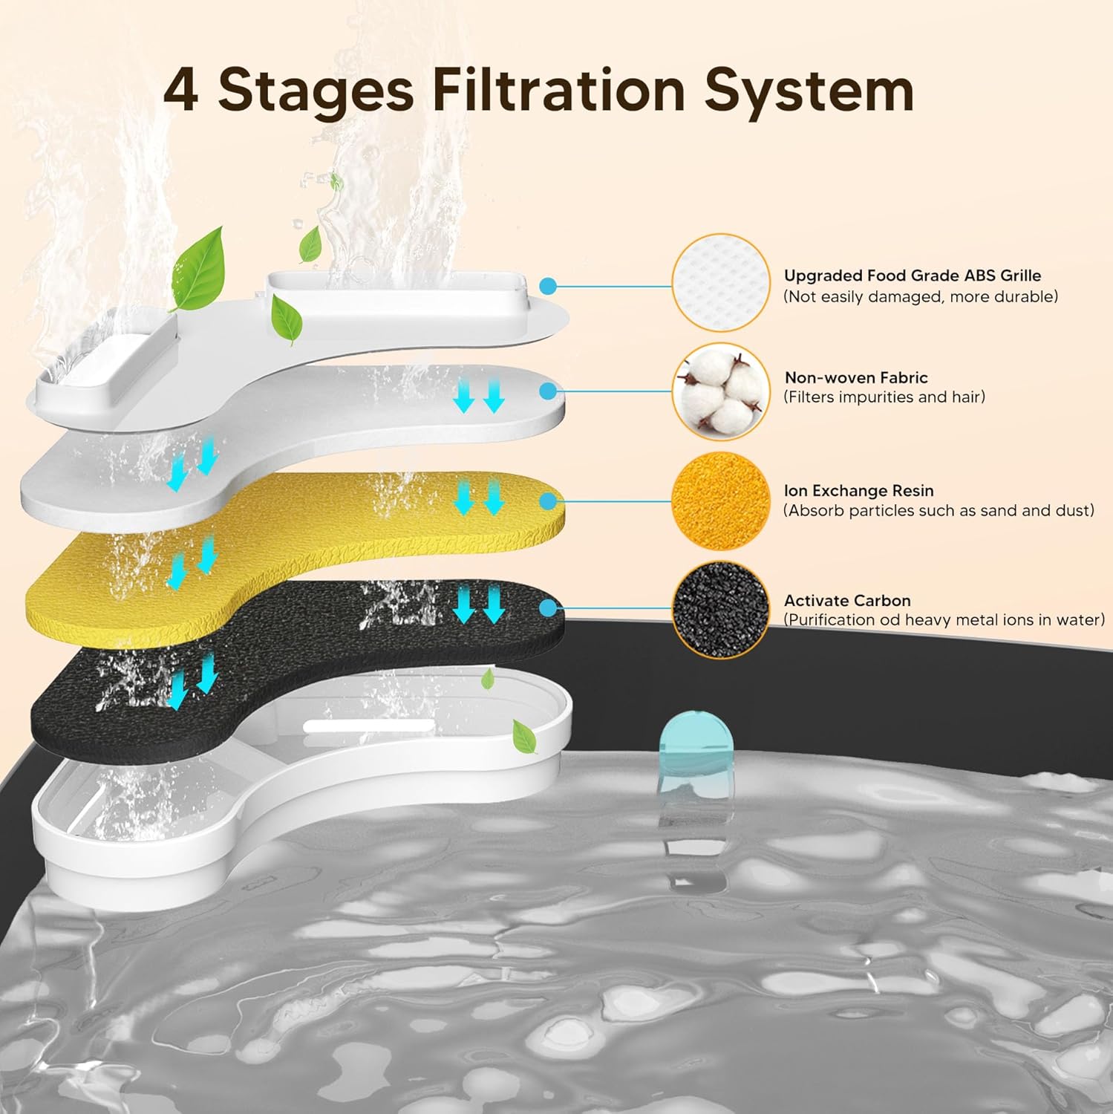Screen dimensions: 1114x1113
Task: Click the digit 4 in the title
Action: point(180,91)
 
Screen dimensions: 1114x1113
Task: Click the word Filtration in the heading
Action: point(558,91)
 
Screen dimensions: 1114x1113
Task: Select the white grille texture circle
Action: point(720,282)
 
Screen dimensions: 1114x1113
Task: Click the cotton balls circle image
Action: point(720,391)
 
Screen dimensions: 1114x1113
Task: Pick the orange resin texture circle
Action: point(720,501)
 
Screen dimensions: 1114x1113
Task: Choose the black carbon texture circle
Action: point(720,610)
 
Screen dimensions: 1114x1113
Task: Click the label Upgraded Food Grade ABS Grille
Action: point(912,276)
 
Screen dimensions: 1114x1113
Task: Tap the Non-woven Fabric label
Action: point(855,377)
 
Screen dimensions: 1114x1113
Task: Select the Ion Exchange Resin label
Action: point(858,491)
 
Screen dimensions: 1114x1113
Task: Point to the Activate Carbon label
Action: point(846,600)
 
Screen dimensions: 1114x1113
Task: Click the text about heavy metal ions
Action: point(944,620)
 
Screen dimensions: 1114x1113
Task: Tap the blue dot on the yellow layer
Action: point(548,501)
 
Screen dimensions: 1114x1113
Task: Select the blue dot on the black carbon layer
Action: point(548,609)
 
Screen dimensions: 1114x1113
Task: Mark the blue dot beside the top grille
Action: point(548,286)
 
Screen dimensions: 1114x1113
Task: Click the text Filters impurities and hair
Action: point(884,397)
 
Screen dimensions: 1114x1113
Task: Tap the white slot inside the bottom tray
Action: point(368,726)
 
